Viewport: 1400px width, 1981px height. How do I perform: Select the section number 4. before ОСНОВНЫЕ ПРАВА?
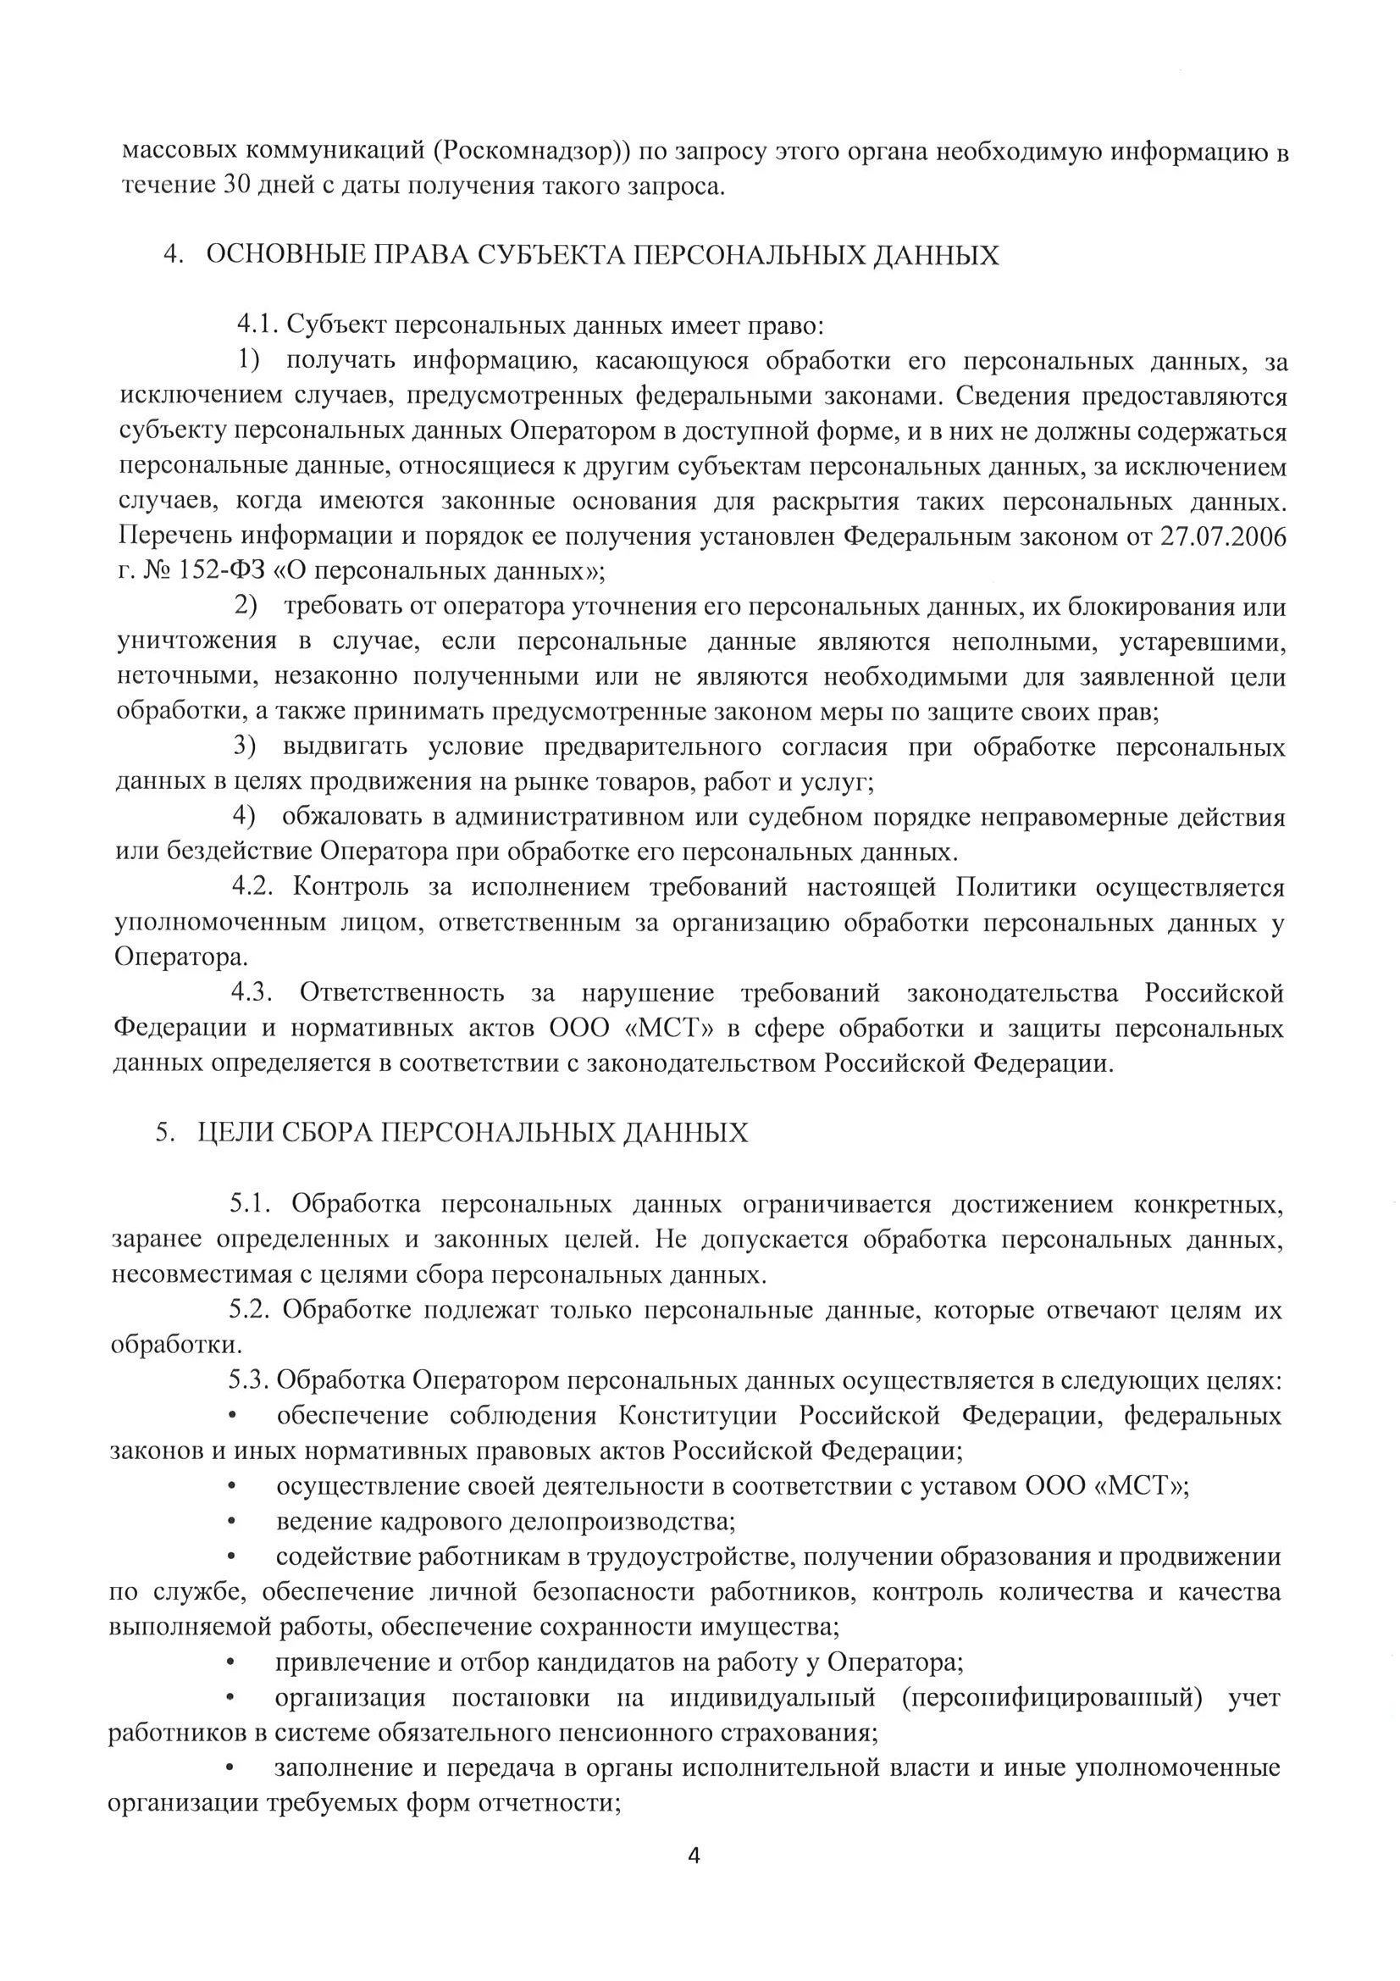[174, 255]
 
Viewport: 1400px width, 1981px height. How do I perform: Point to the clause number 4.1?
[255, 326]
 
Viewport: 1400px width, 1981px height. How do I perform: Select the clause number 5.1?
[250, 1204]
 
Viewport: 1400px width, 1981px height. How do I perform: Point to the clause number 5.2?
[249, 1310]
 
